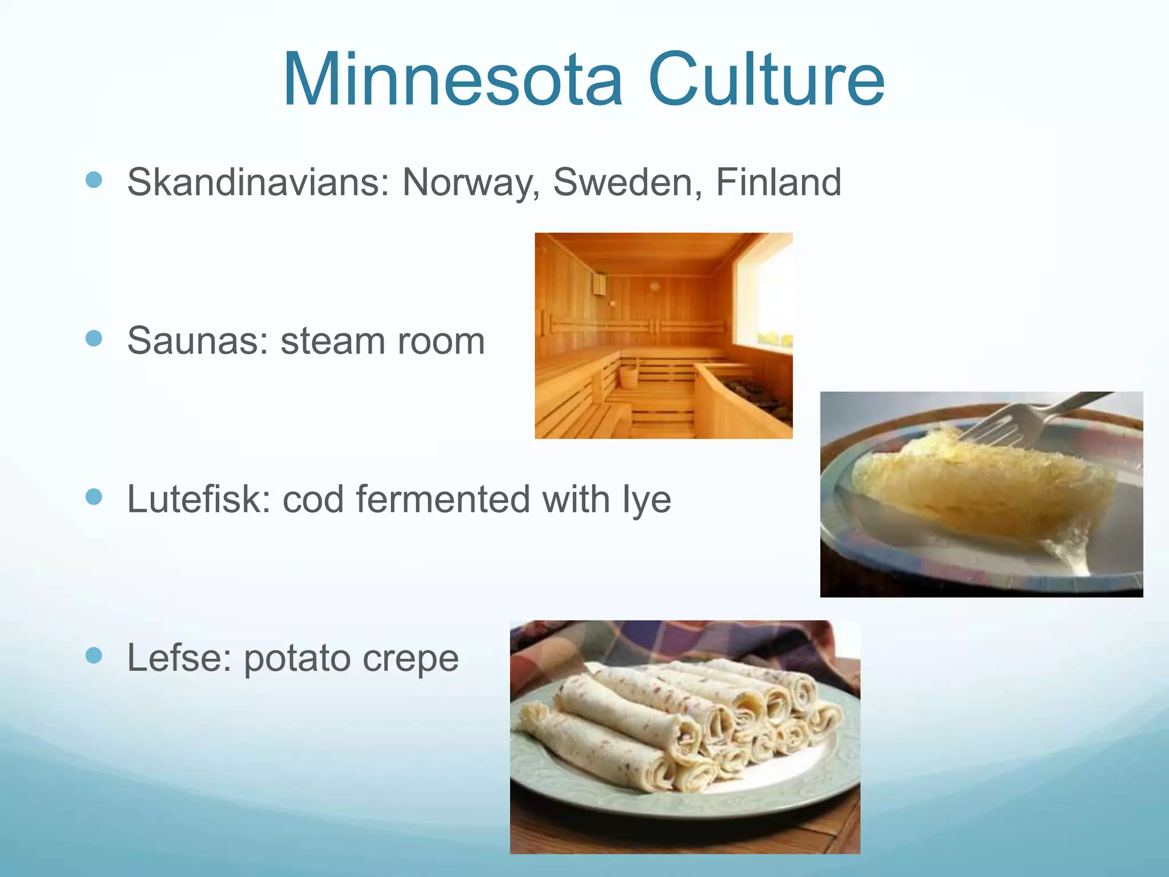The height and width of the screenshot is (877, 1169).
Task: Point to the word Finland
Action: pyautogui.click(x=779, y=183)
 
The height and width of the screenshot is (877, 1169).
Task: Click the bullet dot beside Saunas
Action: pyautogui.click(x=94, y=338)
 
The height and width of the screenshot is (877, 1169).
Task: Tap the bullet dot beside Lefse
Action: pyautogui.click(x=94, y=655)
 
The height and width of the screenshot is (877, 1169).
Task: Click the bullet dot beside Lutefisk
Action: pyautogui.click(x=94, y=497)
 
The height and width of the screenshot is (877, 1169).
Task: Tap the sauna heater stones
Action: pyautogui.click(x=759, y=394)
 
